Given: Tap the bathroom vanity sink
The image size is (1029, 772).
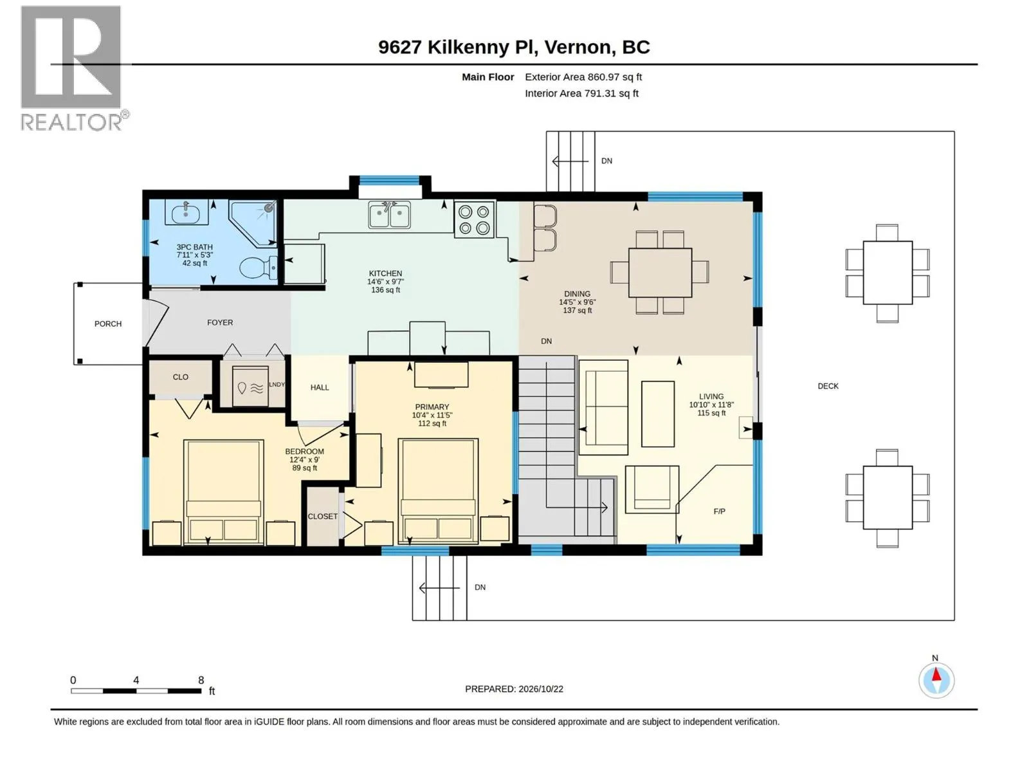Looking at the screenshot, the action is [186, 214].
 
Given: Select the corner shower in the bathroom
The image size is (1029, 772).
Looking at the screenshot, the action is [253, 223].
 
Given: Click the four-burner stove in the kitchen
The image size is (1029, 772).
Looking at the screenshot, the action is [473, 219].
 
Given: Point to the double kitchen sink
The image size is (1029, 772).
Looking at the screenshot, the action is [389, 215].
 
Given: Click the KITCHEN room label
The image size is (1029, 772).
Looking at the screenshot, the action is [385, 273].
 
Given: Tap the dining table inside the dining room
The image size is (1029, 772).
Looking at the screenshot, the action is [660, 272].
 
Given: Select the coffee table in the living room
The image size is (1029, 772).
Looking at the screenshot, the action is [658, 414].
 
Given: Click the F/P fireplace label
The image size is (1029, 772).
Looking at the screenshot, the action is [719, 511].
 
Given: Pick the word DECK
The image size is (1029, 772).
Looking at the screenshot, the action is [828, 386].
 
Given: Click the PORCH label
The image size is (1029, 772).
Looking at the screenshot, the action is [108, 324].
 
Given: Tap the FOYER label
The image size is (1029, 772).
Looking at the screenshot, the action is [220, 322].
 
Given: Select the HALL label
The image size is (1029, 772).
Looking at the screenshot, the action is [319, 387].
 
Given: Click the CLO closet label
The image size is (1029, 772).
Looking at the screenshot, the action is [181, 377].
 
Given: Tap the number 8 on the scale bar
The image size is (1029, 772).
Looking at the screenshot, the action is [201, 679].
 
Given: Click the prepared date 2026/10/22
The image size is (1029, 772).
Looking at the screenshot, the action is [540, 689].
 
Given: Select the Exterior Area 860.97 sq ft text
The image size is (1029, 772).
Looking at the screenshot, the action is [583, 77].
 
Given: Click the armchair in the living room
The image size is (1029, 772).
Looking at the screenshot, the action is [651, 489].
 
